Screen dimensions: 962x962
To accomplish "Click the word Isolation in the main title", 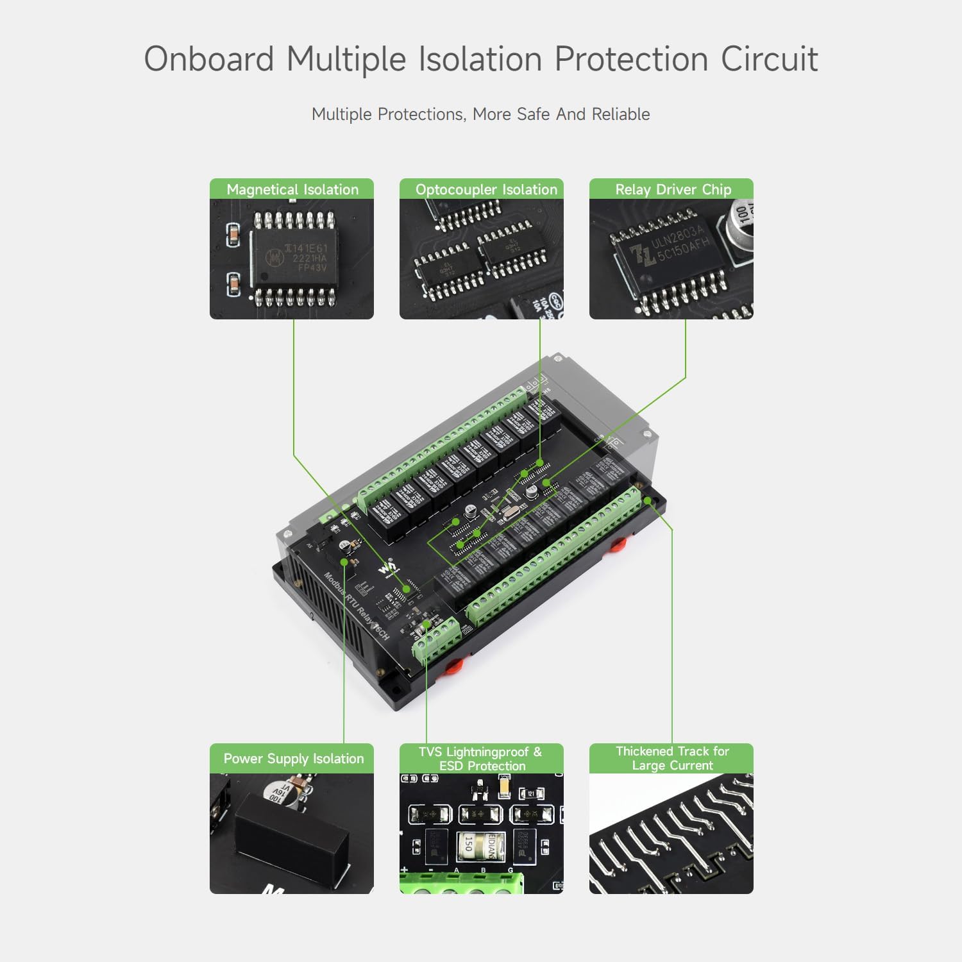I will pos(480,59).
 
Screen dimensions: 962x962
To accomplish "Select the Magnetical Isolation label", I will pos(292,189).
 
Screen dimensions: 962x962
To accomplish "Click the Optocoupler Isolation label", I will pos(486,189).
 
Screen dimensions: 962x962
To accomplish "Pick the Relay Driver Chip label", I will pos(673,189).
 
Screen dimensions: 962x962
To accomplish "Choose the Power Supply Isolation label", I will pos(293,759).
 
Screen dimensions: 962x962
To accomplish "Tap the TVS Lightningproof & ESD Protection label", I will pos(481,759).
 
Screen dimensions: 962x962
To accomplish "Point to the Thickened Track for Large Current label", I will pos(671,758).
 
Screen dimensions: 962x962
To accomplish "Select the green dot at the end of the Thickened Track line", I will pos(648,500).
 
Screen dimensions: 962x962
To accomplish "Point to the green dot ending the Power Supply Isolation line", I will pos(344,562).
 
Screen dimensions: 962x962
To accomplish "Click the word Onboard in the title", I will pos(209,59).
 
